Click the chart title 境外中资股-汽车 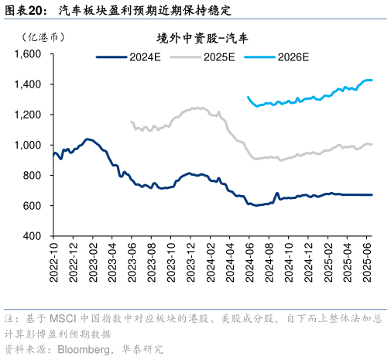[197, 38]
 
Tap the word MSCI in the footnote [62, 319]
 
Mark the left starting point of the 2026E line [248, 97]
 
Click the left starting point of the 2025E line [131, 122]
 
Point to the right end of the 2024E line [372, 195]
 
